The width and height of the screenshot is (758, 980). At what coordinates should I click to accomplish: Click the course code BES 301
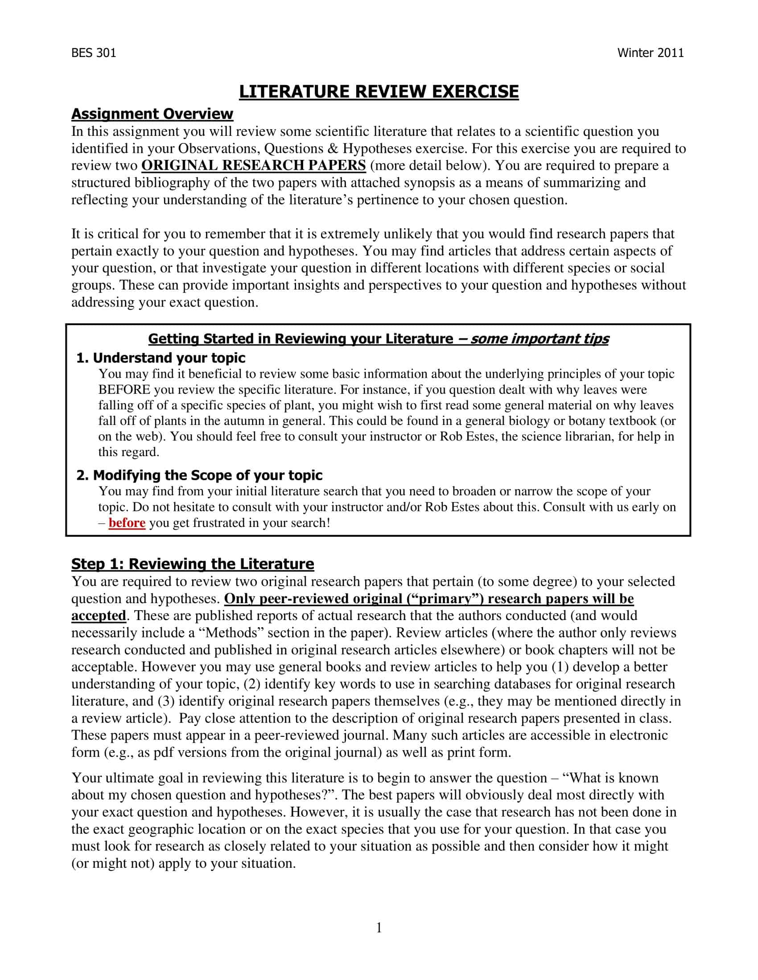pos(93,53)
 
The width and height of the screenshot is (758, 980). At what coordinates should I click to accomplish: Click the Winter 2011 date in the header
pos(650,53)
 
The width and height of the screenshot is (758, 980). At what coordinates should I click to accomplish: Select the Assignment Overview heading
pos(152,114)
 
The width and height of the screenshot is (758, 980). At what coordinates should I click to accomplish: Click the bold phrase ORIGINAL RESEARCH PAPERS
pos(254,166)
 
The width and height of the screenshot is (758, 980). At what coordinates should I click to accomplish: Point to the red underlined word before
pos(127,523)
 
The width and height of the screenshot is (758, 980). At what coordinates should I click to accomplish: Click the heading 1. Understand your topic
pos(161,358)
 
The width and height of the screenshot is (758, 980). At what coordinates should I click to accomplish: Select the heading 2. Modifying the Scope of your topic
pos(199,475)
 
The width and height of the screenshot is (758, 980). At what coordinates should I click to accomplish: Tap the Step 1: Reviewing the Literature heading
pos(193,563)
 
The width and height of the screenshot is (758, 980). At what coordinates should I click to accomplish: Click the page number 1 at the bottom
pos(379,927)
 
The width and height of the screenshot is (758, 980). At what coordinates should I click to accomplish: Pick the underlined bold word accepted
pos(99,616)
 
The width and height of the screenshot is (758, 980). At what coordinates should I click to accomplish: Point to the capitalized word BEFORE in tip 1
pos(124,389)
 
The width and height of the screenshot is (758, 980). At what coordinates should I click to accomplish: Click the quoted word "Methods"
pos(231,633)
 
